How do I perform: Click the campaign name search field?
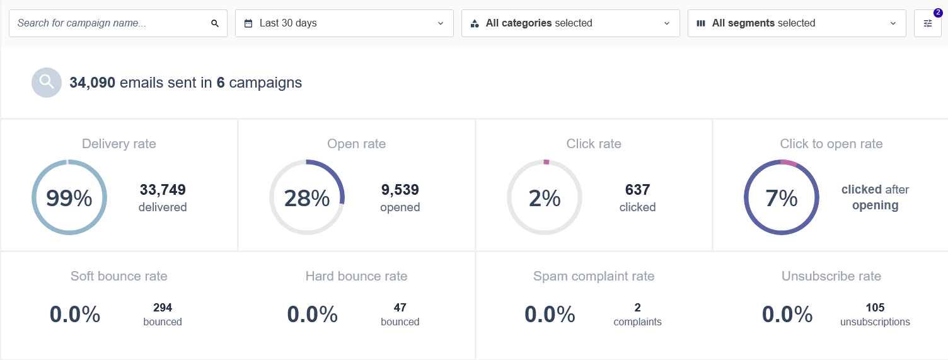click(110, 23)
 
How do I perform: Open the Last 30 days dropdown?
click(344, 23)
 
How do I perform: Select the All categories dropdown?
click(570, 23)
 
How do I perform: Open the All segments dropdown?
click(797, 23)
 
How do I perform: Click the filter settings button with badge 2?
click(927, 23)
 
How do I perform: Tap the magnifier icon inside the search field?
click(215, 23)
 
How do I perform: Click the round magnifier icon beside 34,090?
click(47, 83)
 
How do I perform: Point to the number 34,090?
click(92, 83)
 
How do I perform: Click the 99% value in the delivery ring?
click(69, 198)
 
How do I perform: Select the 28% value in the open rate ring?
click(307, 198)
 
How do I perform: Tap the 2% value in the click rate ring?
click(545, 198)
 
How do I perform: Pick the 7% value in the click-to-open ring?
click(782, 198)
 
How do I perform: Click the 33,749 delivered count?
click(163, 190)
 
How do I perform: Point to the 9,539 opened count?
click(400, 190)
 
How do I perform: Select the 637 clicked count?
click(637, 190)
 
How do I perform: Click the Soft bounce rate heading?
click(119, 276)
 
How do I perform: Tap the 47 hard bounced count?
click(400, 308)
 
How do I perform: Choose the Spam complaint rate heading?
click(594, 276)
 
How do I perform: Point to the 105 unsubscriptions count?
click(875, 308)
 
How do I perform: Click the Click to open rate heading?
click(831, 144)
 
